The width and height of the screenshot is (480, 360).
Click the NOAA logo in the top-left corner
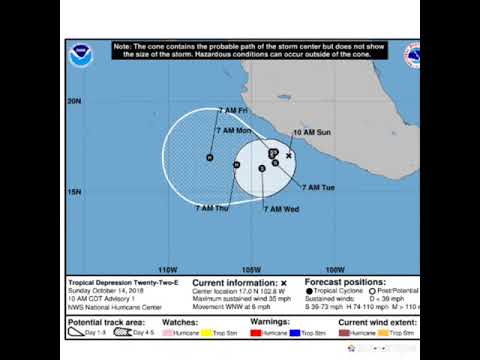click(x=81, y=56)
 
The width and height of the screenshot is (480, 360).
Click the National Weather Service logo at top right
click(x=413, y=55)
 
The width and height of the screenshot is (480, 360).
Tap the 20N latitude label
click(x=74, y=101)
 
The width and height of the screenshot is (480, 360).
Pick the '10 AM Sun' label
click(x=311, y=132)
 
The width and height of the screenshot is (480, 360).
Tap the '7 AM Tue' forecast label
click(x=326, y=187)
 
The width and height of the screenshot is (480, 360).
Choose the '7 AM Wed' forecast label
click(x=283, y=208)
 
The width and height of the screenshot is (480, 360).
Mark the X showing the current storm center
click(x=289, y=156)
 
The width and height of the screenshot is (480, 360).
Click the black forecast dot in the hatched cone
click(x=209, y=158)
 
